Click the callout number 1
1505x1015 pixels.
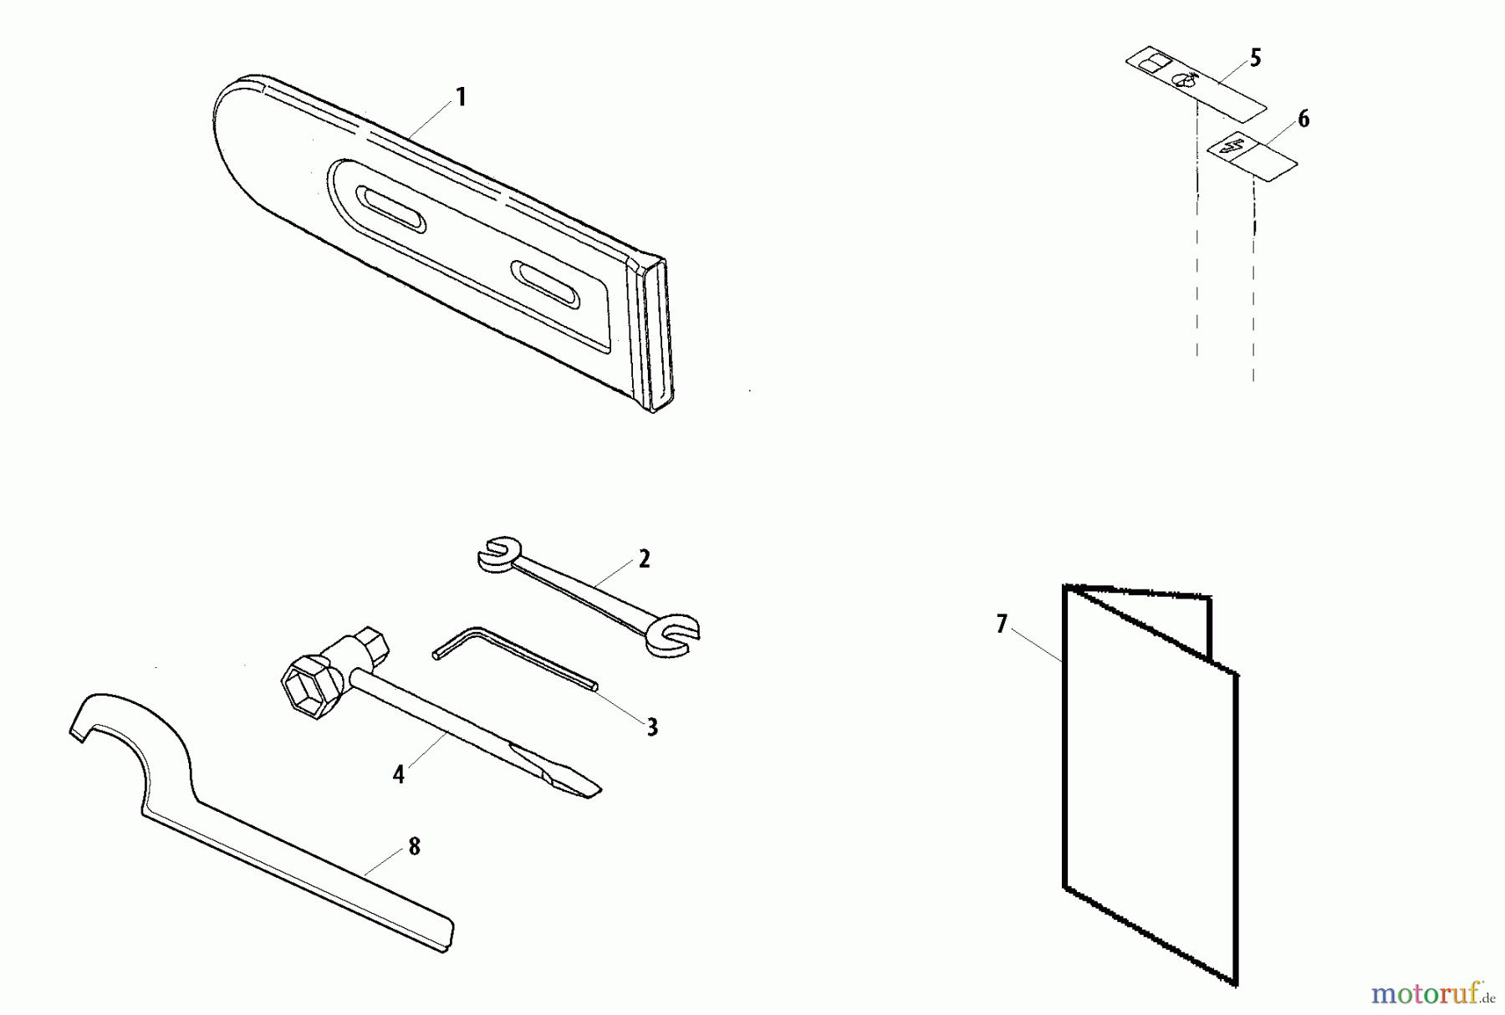click(x=460, y=98)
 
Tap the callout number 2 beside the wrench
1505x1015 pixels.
click(x=644, y=559)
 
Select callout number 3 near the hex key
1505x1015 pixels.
click(x=652, y=727)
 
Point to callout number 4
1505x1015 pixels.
click(x=399, y=775)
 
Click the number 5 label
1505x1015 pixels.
click(x=1255, y=59)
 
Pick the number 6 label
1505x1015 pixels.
click(x=1303, y=120)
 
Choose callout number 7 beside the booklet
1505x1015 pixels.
click(x=1002, y=625)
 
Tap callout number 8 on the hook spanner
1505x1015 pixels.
click(x=415, y=847)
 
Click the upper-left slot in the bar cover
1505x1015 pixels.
click(x=391, y=209)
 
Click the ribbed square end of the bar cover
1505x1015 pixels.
click(x=656, y=334)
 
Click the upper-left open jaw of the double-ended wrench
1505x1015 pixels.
click(x=499, y=555)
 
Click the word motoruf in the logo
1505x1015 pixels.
click(x=1426, y=993)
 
